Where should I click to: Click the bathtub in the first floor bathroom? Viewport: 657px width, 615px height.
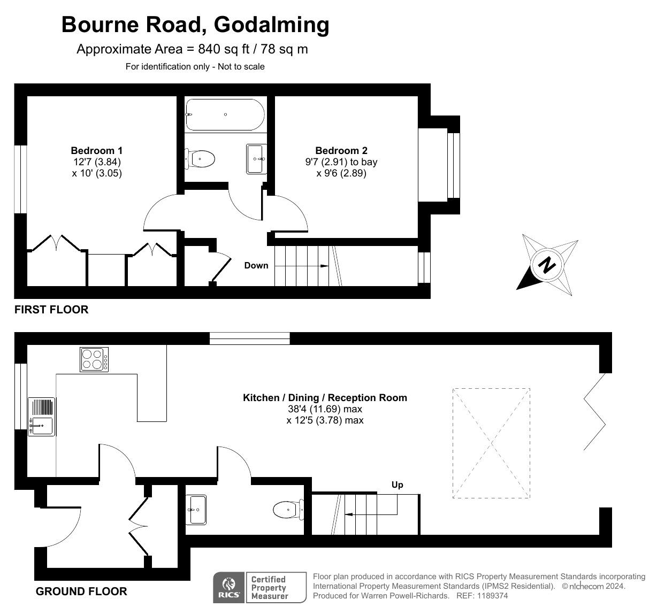(225, 114)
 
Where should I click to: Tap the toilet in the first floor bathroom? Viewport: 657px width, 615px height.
(200, 159)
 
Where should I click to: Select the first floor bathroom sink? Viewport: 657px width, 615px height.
(256, 159)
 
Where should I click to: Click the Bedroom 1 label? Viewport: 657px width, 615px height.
(97, 151)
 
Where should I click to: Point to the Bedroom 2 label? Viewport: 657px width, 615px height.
(341, 151)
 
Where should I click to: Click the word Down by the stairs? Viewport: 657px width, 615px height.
(256, 266)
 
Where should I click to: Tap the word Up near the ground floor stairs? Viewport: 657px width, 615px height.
(398, 485)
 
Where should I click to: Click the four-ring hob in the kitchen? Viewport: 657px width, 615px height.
(94, 359)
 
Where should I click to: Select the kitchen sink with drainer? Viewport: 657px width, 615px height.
(42, 417)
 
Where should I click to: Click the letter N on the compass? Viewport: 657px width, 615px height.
(547, 265)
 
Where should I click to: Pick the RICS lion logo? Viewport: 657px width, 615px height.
(228, 588)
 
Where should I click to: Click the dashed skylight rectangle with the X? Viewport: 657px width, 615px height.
(491, 443)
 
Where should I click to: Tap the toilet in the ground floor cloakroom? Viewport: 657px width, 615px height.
(288, 510)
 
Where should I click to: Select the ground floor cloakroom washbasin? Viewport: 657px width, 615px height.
(196, 510)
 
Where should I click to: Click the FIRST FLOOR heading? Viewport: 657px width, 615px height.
(51, 310)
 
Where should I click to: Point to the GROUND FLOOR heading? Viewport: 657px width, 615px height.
(81, 591)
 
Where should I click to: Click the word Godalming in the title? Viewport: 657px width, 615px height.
(272, 25)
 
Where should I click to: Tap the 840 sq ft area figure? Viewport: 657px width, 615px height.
(224, 49)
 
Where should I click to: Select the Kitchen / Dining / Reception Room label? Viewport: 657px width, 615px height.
(325, 398)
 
